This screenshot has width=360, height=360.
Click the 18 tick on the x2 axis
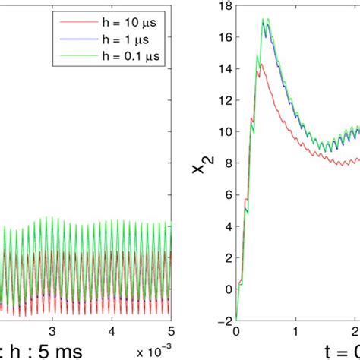pos(224,8)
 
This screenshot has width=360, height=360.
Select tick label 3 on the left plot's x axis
pos(52,332)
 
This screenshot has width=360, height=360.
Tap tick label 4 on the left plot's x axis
pos(112,332)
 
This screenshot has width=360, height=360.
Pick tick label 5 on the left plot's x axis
pos(171,332)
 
